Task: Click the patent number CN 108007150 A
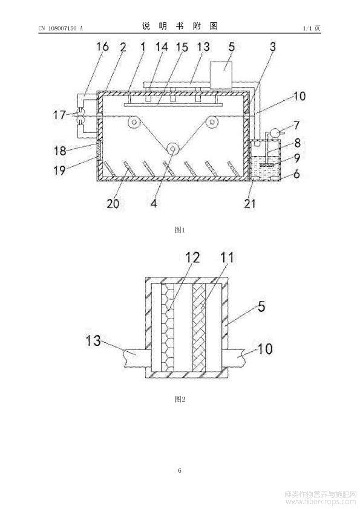coord(61,28)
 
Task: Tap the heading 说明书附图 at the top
coord(180,26)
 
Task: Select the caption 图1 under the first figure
coord(179,230)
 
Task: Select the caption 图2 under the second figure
coord(179,399)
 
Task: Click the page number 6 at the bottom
coord(180,470)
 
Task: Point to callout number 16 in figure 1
coord(103,47)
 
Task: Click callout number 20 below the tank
coord(113,204)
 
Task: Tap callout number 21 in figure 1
coord(249,204)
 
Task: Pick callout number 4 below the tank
coord(154,204)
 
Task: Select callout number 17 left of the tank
coord(59,115)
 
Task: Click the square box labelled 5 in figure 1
coord(221,75)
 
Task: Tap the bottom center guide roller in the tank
coord(172,149)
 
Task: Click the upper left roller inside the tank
coord(134,122)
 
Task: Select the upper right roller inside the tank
coord(212,122)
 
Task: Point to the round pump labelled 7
coord(273,133)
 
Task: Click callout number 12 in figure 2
coord(192,258)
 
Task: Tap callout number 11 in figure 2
coord(227,258)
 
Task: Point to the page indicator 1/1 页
coord(311,28)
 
